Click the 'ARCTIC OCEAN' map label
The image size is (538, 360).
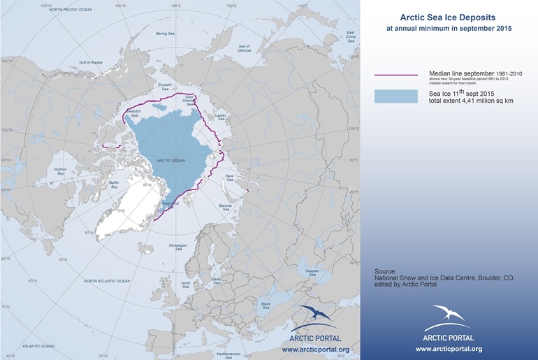click(170, 161)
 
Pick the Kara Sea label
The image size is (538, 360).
click(228, 178)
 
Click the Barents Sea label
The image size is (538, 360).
click(226, 207)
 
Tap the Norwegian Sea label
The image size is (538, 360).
click(179, 247)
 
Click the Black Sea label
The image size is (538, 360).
click(266, 305)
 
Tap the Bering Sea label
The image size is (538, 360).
click(165, 34)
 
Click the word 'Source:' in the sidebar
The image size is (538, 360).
click(386, 271)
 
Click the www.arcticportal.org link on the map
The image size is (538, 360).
click(315, 349)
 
